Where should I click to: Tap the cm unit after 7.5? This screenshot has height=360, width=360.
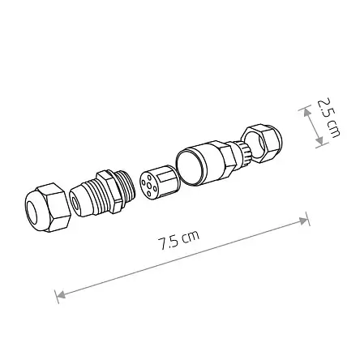pyautogui.click(x=191, y=236)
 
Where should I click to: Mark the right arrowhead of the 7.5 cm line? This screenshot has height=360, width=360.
pyautogui.click(x=306, y=221)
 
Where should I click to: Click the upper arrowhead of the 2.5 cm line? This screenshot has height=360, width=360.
pyautogui.click(x=307, y=110)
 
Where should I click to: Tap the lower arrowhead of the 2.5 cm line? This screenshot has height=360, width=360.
pyautogui.click(x=319, y=141)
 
